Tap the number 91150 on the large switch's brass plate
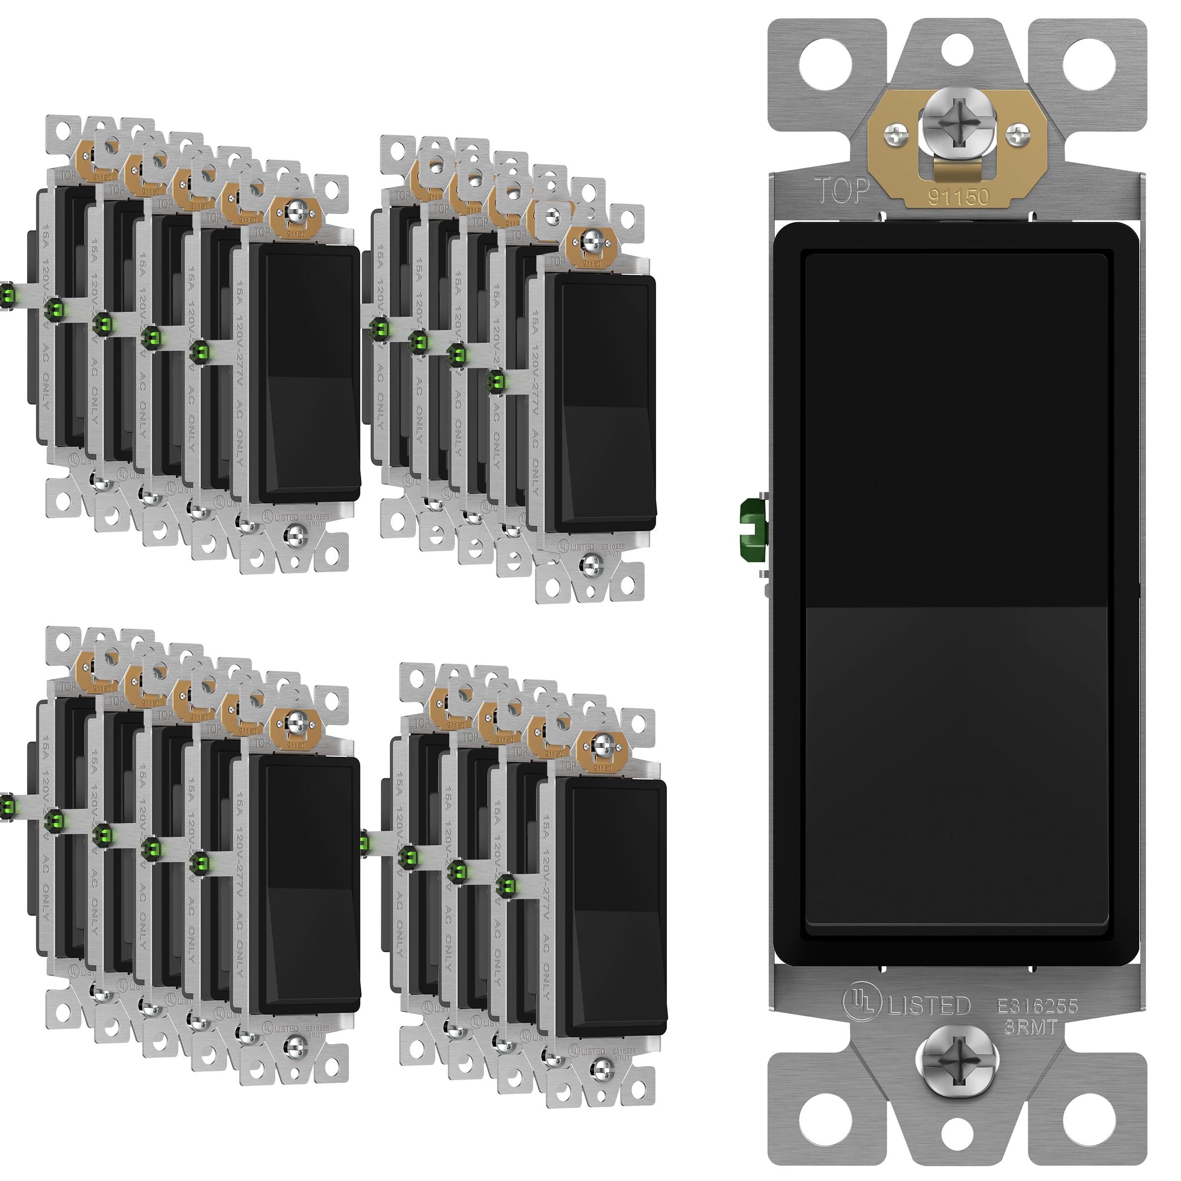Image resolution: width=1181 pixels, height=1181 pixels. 958,197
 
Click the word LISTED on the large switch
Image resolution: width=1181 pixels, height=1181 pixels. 929,1005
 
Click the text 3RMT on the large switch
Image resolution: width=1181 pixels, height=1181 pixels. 1030,1027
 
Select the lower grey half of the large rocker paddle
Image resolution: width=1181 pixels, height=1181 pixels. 957,764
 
